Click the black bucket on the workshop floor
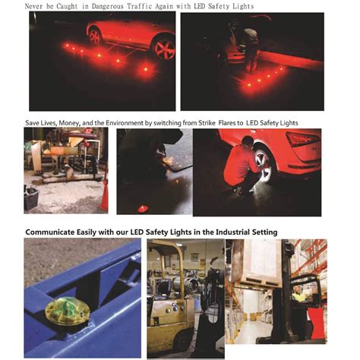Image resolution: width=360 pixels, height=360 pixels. coord(32,199)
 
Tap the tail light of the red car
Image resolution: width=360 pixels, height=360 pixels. coord(302,140)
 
